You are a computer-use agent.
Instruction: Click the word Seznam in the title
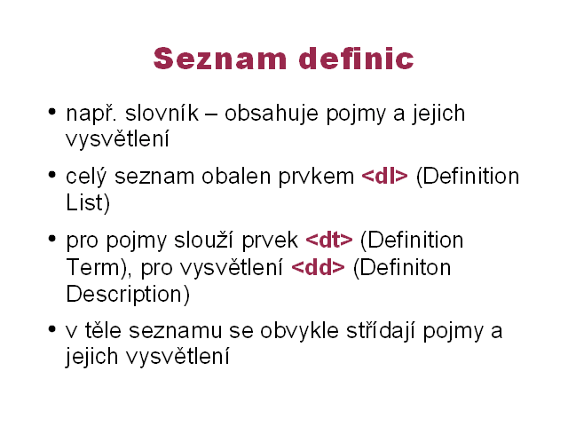coord(220,59)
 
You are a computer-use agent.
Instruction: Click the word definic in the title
coord(357,58)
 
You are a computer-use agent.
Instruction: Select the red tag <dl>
coord(384,177)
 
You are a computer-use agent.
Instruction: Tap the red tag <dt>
coord(329,240)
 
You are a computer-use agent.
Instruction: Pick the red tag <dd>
coord(318,267)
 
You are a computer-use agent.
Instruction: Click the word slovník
coord(162,113)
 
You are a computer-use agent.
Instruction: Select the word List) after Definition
coord(88,203)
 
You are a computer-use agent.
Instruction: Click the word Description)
coord(128,294)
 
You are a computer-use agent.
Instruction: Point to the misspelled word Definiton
coord(402,267)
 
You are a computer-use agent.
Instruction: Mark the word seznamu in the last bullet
coord(176,331)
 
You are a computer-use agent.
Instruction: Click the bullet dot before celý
coord(52,175)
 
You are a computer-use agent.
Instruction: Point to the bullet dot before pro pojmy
coord(52,239)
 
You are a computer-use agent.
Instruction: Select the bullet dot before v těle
coord(52,329)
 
